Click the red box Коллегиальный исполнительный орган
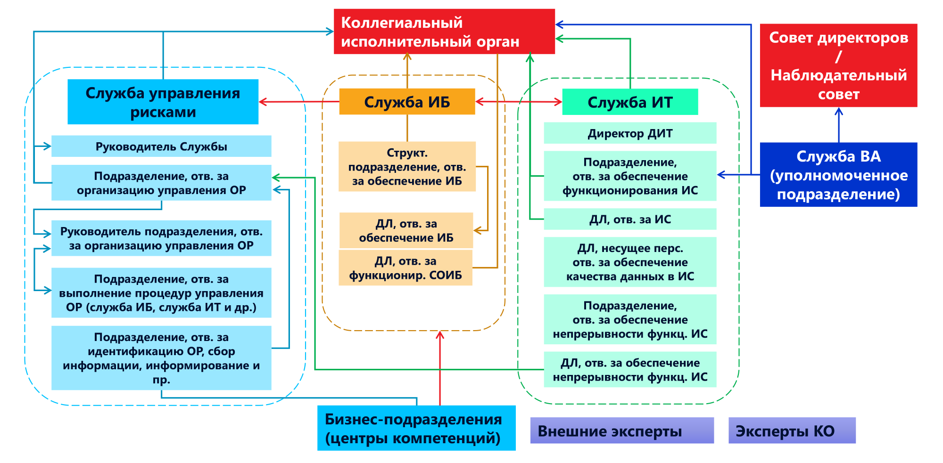point(444,32)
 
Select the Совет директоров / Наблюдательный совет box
point(838,65)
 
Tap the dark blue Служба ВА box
point(838,175)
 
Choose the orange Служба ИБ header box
point(407,102)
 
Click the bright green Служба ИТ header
point(630,102)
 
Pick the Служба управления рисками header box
point(163,102)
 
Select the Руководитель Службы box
point(161,146)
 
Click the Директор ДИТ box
point(630,133)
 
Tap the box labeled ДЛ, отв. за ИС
point(630,219)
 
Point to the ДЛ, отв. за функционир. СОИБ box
point(405,268)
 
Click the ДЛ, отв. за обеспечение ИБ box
point(406,230)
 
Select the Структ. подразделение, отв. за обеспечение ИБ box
point(407,167)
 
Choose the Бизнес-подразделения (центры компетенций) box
point(416,428)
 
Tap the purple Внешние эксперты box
point(622,431)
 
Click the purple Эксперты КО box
point(792,431)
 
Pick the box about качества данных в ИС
point(630,262)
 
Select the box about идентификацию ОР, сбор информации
point(161,358)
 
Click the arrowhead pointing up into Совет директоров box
point(839,112)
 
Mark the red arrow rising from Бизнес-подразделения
point(440,367)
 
